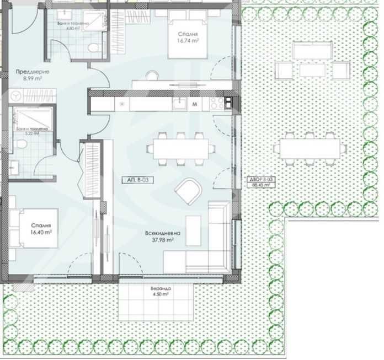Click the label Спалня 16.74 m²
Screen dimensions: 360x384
[x=188, y=37]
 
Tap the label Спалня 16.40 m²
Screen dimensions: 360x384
[x=41, y=229]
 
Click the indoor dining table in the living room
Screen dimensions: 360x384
[x=180, y=148]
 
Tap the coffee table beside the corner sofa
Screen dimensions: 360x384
[x=193, y=227]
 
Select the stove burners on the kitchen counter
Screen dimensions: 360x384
[x=217, y=103]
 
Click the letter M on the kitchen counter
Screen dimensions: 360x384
[x=195, y=104]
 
